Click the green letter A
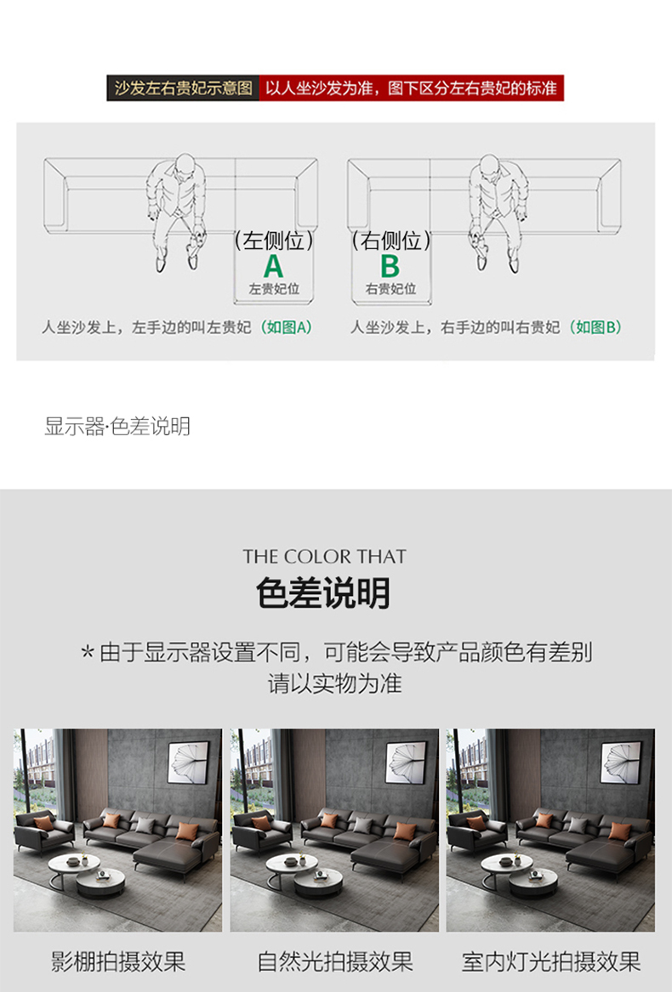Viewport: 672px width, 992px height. tap(274, 266)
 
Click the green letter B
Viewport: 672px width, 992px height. tap(390, 266)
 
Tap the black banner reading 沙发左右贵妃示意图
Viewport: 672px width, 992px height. tap(183, 88)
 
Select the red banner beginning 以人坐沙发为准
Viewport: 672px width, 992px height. tap(412, 88)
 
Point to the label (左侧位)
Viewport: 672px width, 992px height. tap(274, 241)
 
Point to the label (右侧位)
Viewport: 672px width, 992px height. tap(390, 241)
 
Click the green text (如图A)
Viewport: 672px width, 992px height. tap(287, 327)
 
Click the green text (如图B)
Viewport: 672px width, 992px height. tap(595, 327)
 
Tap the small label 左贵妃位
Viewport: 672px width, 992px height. tap(274, 289)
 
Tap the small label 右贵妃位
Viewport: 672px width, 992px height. tap(390, 289)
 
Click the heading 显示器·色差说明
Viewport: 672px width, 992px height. tap(117, 427)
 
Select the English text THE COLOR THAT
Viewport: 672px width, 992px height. tap(324, 557)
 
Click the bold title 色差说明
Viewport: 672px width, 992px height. tap(323, 592)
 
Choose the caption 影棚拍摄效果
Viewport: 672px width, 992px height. tap(117, 961)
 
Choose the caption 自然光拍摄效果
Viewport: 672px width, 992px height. tap(335, 961)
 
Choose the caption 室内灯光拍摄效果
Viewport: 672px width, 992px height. tap(551, 961)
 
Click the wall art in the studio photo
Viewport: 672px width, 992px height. tap(189, 763)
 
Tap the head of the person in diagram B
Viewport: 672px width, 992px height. tap(490, 165)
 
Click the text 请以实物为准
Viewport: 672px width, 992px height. tap(335, 684)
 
